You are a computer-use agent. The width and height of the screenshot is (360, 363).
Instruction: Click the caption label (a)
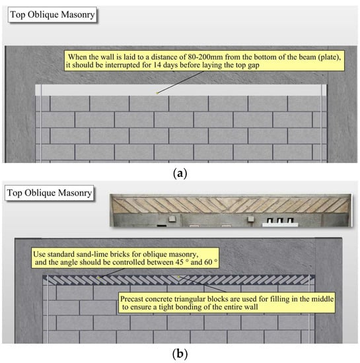[180, 173]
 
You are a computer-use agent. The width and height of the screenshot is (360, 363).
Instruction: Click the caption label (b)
[180, 354]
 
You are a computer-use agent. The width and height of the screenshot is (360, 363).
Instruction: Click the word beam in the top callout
[307, 57]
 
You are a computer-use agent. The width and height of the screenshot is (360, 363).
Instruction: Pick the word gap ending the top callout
[254, 66]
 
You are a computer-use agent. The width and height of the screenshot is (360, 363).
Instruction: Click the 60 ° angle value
[211, 262]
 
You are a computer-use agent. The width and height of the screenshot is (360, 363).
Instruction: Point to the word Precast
[131, 299]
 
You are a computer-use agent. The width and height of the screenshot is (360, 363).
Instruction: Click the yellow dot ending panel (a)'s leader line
[157, 93]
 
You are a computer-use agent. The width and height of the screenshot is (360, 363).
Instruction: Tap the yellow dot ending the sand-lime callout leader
[98, 277]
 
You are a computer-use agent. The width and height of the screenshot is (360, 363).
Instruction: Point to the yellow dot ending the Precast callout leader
[178, 277]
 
